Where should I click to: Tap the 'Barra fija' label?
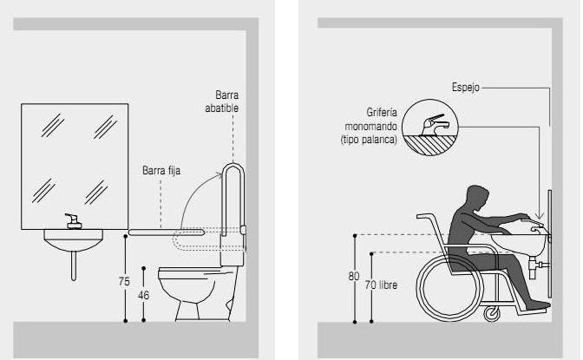[x=161, y=171]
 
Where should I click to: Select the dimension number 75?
[x=124, y=281]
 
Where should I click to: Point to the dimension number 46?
[x=145, y=295]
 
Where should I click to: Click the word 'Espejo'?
[x=465, y=88]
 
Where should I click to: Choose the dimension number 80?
[x=353, y=277]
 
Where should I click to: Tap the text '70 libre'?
[x=382, y=285]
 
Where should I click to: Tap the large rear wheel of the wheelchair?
[x=450, y=287]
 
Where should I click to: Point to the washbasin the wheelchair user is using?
[x=518, y=242]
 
